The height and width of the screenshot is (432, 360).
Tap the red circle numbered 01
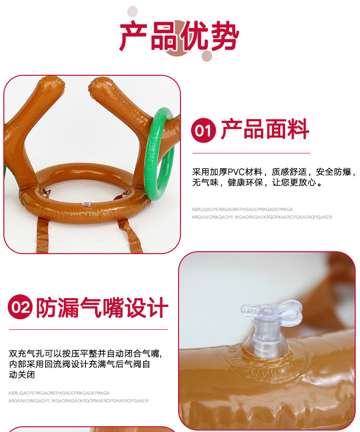[x=203, y=130]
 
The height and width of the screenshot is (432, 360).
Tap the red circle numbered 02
[x=20, y=307]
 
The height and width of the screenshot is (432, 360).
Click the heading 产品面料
[x=264, y=130]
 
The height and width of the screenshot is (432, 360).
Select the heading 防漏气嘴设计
[x=102, y=307]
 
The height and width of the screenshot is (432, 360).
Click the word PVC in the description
[x=237, y=172]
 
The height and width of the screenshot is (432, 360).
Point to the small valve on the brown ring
[x=86, y=204]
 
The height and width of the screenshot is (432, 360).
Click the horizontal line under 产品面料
[x=251, y=153]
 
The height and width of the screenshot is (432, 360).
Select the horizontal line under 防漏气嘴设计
[x=88, y=329]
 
